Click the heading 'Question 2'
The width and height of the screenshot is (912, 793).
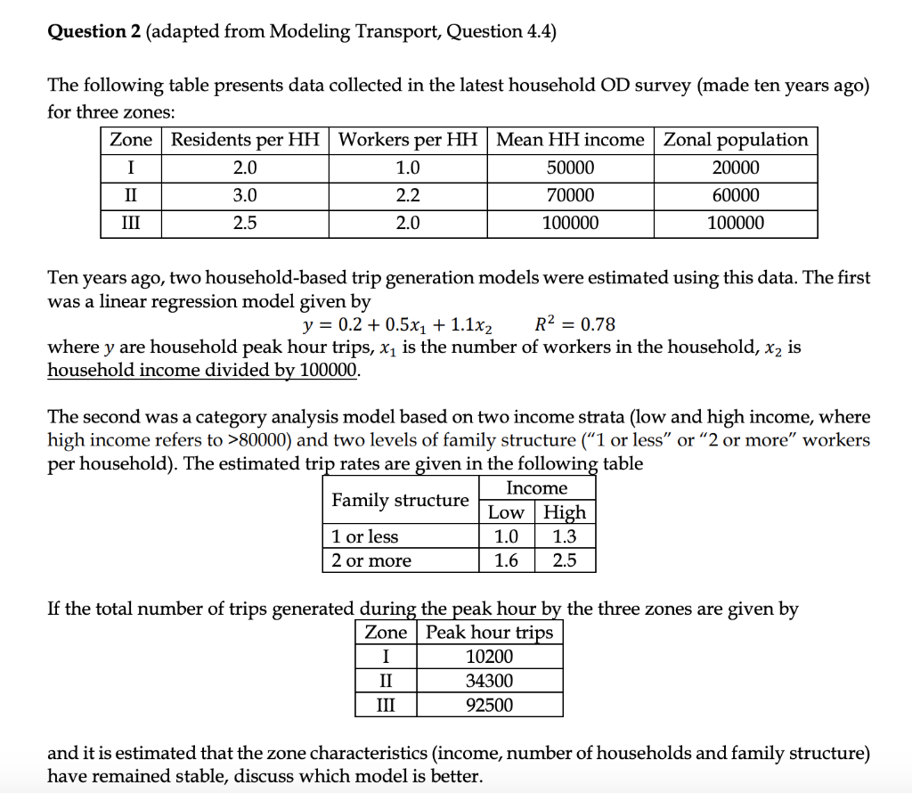(93, 32)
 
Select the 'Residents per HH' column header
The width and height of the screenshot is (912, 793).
(245, 140)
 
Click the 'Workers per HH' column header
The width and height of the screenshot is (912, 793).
(408, 140)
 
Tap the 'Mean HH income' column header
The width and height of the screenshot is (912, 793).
(570, 140)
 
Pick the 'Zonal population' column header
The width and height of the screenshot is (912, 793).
(736, 140)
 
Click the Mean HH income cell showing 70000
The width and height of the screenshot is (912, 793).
(570, 195)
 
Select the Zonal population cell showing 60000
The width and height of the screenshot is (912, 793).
(736, 195)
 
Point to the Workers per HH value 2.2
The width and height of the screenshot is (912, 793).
(408, 195)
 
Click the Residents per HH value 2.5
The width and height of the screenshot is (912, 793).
(245, 223)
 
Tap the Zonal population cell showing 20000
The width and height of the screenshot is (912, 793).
(736, 168)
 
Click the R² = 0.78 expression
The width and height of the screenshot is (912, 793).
(576, 323)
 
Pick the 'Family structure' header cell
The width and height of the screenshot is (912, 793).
(400, 500)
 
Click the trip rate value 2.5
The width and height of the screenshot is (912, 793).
(565, 560)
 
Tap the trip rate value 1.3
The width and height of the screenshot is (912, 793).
(565, 536)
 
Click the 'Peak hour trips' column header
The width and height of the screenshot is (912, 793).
(489, 633)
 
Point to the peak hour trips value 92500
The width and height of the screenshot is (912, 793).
(489, 705)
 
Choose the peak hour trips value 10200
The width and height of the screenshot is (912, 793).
(489, 657)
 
